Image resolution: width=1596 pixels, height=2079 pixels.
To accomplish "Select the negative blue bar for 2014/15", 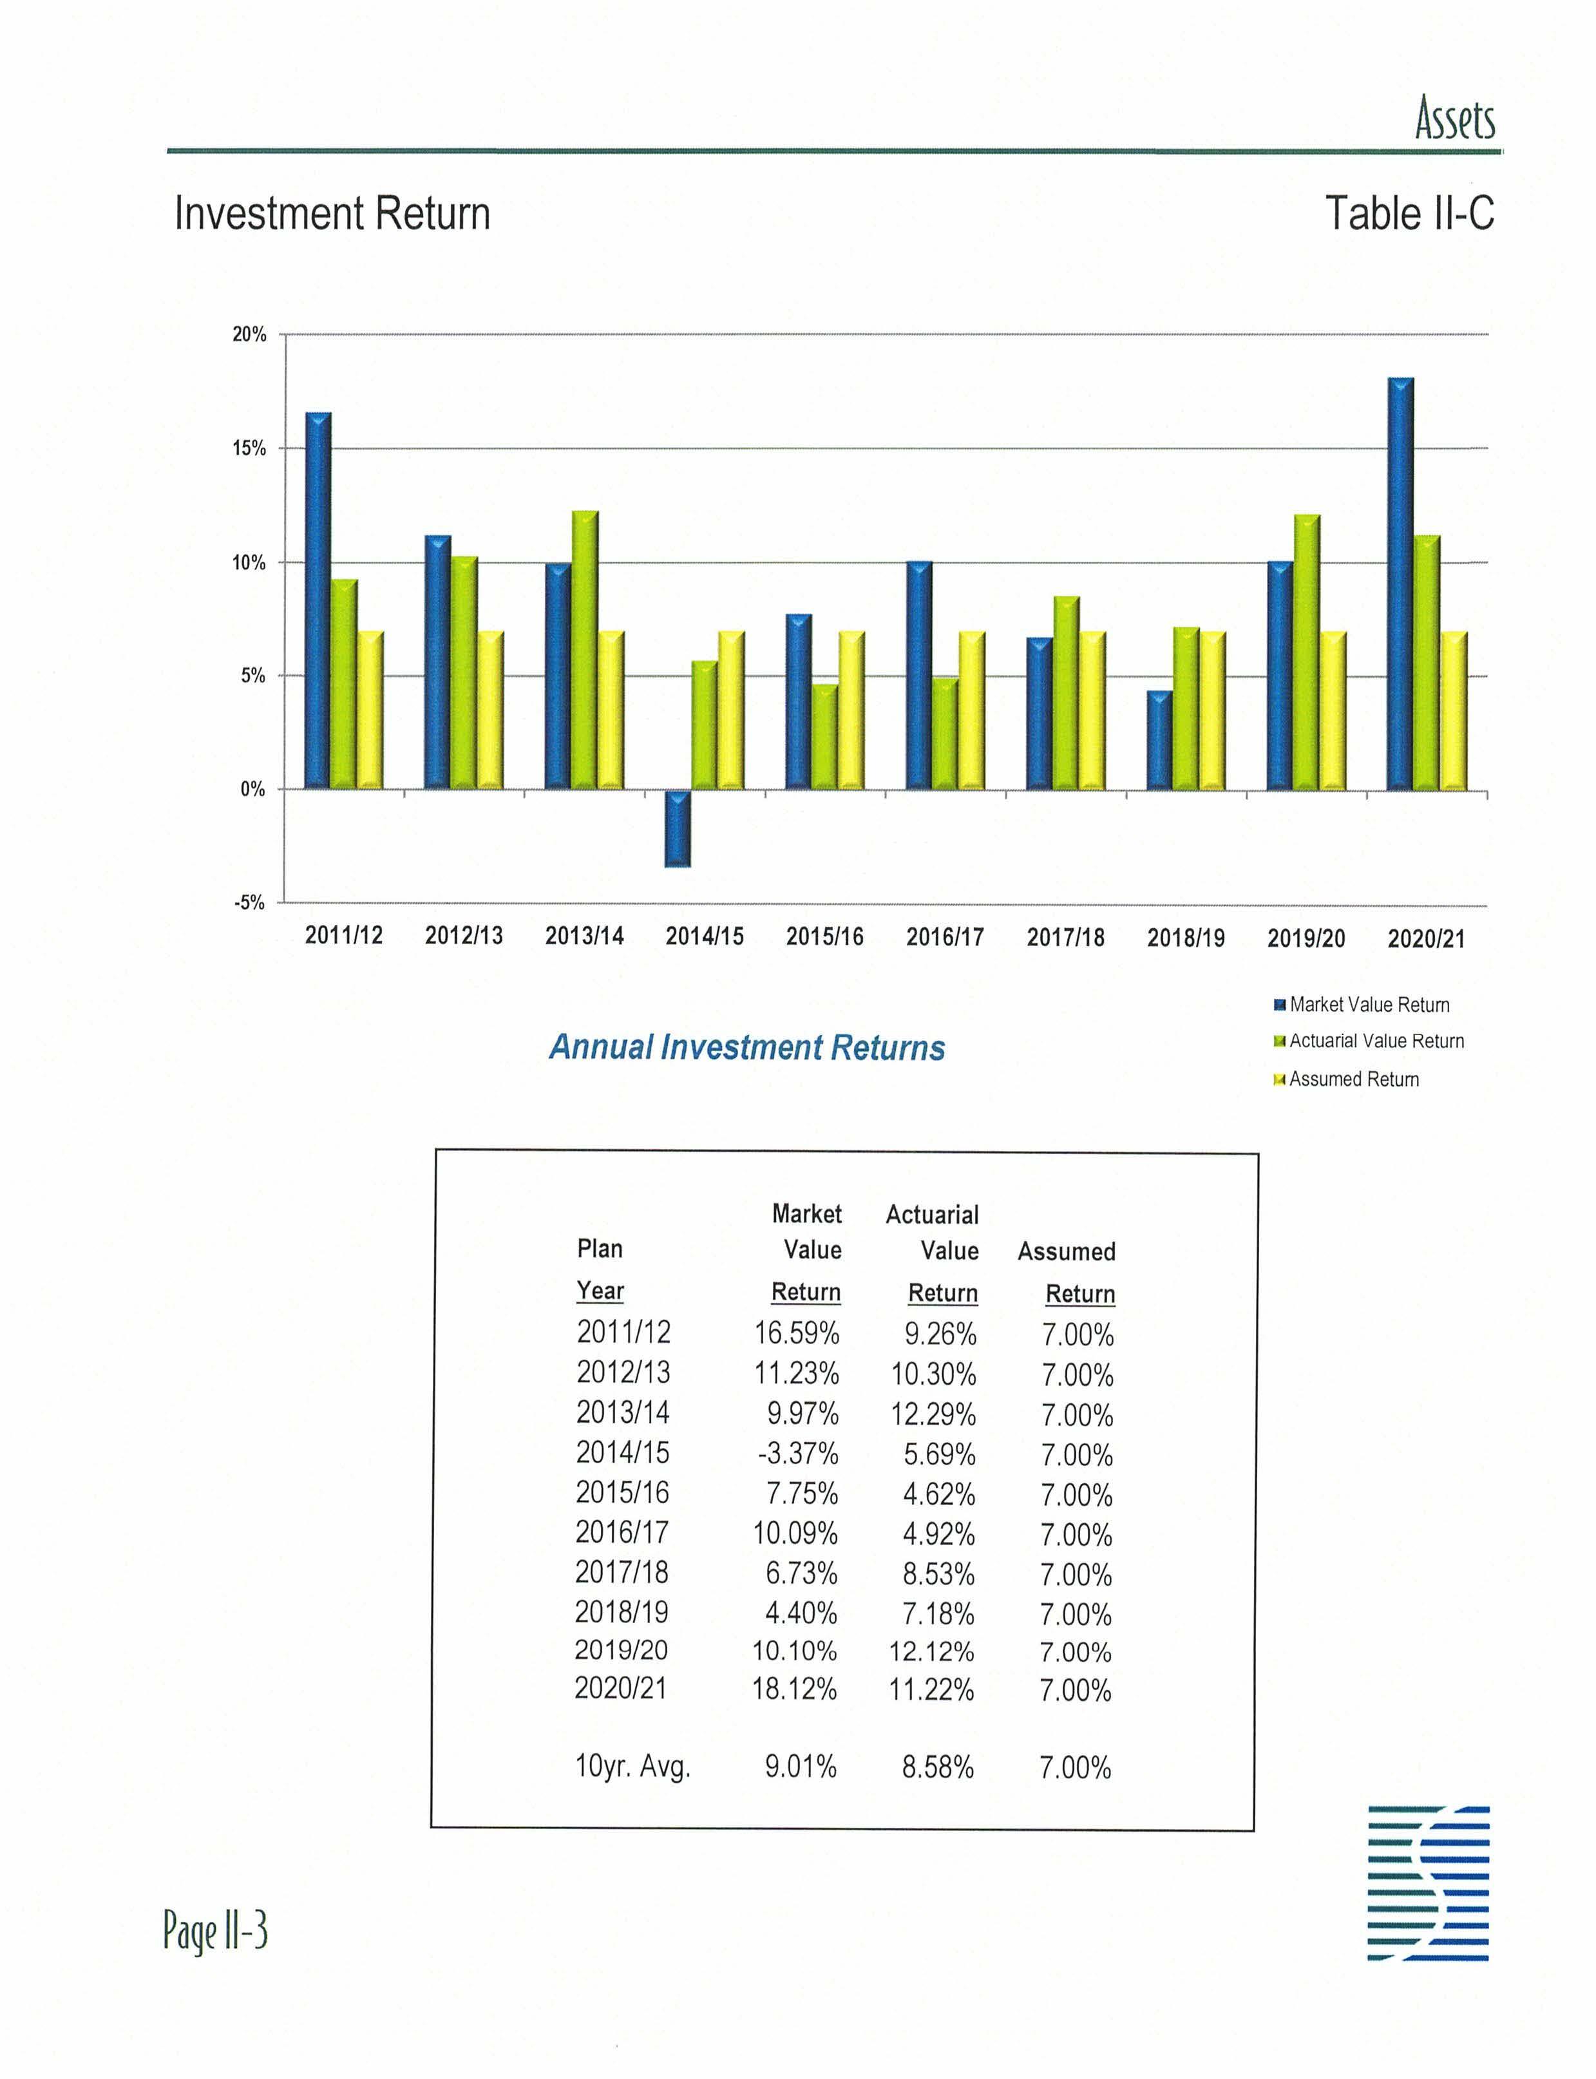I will [x=678, y=828].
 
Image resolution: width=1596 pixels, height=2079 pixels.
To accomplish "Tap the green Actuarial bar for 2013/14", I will [x=585, y=650].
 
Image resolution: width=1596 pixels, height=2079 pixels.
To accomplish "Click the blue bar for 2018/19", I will [x=1159, y=740].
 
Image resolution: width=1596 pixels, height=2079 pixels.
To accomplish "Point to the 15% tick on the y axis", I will [x=250, y=448].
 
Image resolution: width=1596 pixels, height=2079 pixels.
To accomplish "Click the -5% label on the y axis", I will [x=250, y=902].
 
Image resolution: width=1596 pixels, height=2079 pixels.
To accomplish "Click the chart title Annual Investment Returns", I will [x=746, y=1048].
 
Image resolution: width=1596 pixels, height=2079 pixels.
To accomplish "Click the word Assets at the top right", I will [x=1454, y=120].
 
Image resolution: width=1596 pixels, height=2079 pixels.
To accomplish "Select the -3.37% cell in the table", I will [x=797, y=1453].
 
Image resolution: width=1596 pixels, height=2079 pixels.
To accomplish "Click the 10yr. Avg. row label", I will [x=632, y=1767].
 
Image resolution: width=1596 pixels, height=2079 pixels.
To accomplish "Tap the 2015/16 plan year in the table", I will [x=622, y=1493].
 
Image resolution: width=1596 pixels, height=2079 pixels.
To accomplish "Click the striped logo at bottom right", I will [x=1428, y=1883].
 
